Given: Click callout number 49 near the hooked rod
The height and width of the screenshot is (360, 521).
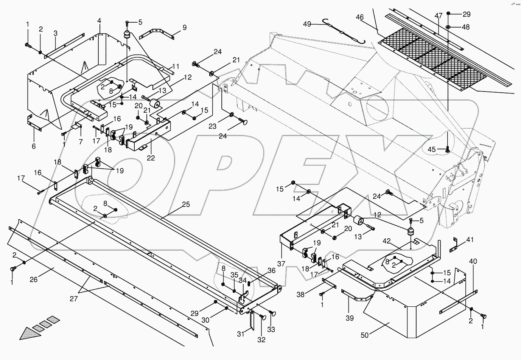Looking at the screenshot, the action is (x=307, y=24).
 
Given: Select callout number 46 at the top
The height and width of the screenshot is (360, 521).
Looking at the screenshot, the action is (x=359, y=17).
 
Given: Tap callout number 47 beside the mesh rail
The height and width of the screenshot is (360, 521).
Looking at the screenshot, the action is (x=439, y=16).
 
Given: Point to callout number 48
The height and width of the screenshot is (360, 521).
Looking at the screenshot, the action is (x=466, y=27).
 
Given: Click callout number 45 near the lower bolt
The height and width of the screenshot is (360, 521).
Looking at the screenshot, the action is (x=432, y=149).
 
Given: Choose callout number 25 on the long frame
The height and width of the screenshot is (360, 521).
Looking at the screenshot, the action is (x=186, y=205).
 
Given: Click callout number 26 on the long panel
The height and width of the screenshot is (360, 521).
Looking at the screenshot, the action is (x=34, y=279).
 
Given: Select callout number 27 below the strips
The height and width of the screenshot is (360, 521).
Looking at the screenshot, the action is (x=73, y=299).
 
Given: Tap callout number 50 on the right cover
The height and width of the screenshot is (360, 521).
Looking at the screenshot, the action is (x=365, y=335).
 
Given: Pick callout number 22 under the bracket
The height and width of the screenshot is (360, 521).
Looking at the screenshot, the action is (x=151, y=158).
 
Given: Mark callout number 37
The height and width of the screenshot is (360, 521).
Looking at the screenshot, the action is (x=281, y=264).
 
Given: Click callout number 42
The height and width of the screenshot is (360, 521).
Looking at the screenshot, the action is (x=387, y=241).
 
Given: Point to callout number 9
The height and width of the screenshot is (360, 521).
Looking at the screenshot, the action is (x=184, y=28).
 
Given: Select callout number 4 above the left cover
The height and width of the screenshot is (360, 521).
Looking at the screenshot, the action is (x=99, y=21).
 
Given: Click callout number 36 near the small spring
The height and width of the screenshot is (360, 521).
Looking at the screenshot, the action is (x=271, y=270).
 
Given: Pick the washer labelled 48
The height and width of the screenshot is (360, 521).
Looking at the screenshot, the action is (x=448, y=27).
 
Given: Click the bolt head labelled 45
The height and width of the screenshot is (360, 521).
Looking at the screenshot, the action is (x=447, y=151).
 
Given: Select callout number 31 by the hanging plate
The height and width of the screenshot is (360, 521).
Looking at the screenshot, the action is (x=241, y=334).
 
